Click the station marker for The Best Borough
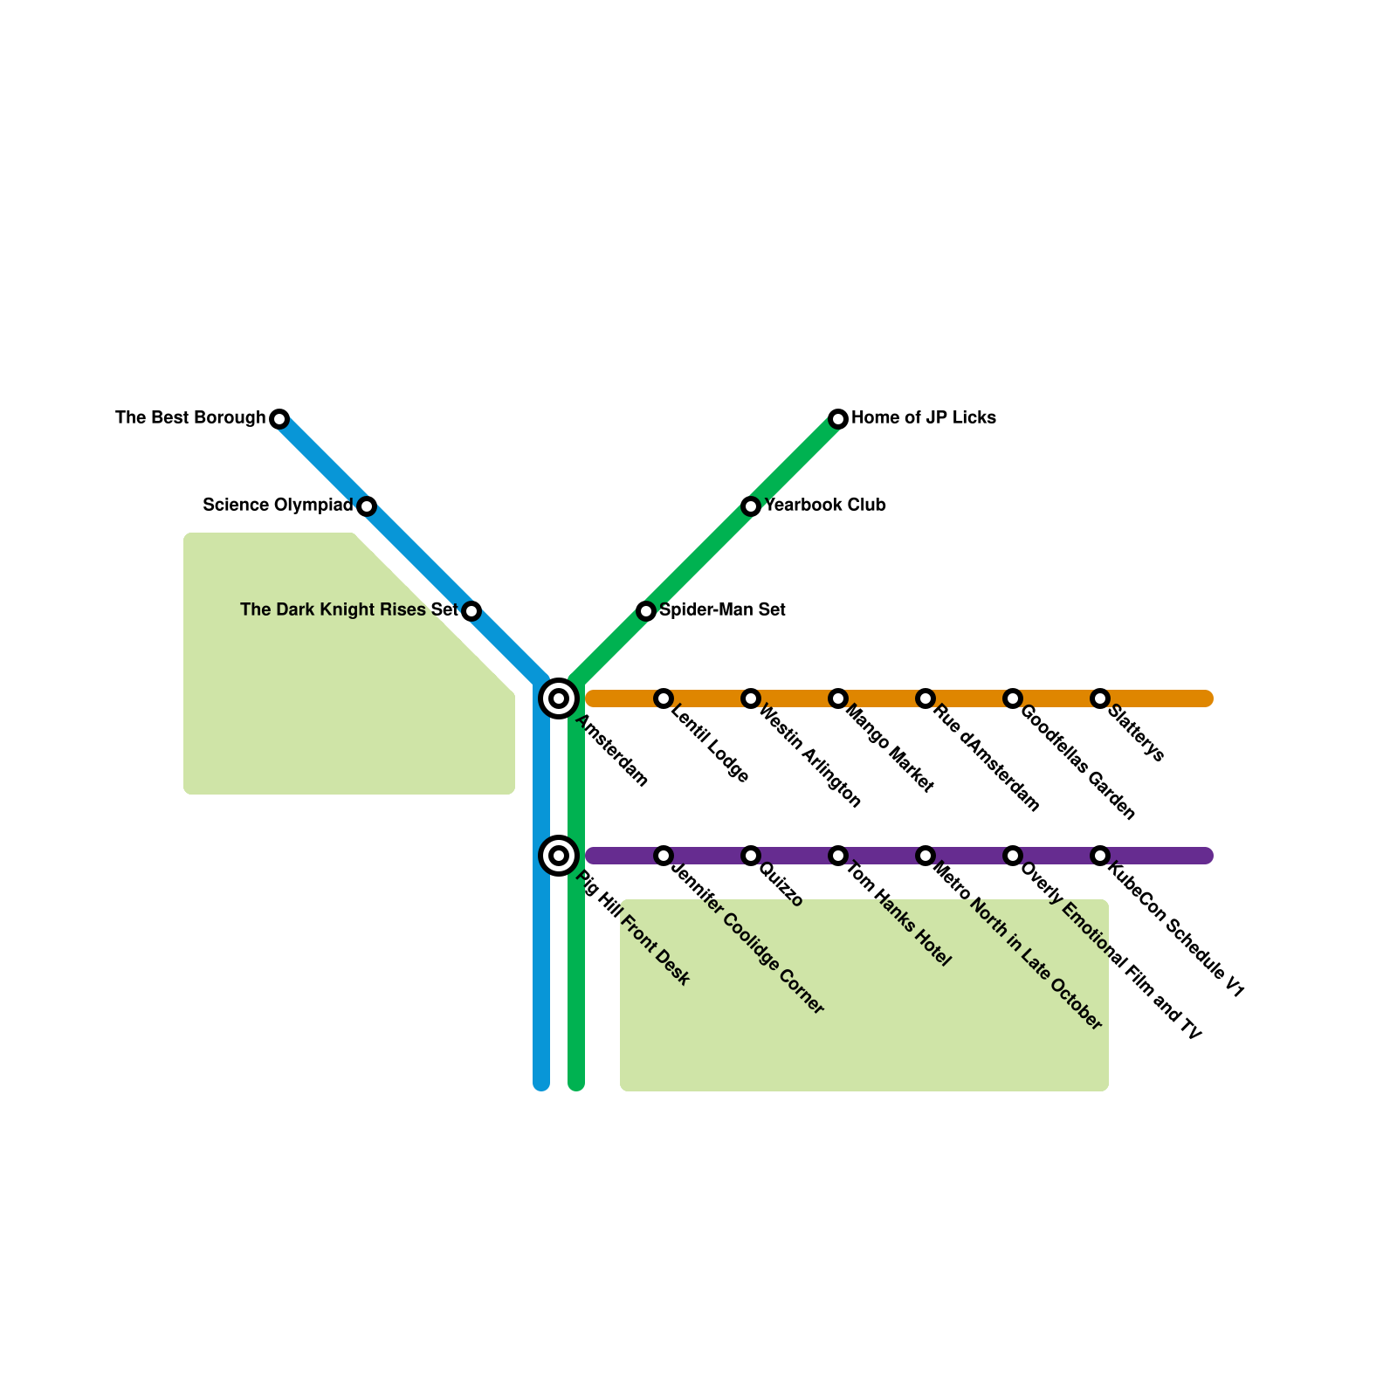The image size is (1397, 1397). tap(279, 419)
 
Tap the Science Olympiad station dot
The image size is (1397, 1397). tap(367, 506)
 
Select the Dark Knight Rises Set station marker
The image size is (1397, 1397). tap(471, 611)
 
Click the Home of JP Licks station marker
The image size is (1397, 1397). tap(838, 419)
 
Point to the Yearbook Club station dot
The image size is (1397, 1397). tap(751, 506)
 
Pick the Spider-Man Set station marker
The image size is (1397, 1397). tap(646, 611)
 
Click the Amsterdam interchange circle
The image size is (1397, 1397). tap(559, 698)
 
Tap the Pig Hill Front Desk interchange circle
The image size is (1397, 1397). tap(559, 856)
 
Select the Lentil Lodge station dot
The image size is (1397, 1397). tap(664, 698)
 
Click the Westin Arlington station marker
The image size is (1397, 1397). tap(751, 698)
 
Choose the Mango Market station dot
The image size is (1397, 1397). tap(838, 698)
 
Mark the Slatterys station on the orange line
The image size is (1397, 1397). tap(1100, 698)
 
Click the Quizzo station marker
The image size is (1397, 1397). tap(751, 856)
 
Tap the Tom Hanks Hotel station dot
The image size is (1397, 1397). tap(838, 856)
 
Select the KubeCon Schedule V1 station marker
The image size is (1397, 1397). tap(1100, 856)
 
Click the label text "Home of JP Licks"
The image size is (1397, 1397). tap(924, 418)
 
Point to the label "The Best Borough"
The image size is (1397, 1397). tap(190, 418)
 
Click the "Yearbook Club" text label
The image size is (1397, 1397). tap(825, 506)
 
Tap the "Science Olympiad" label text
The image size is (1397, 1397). tap(278, 506)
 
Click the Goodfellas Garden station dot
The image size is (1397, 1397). tap(1013, 698)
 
